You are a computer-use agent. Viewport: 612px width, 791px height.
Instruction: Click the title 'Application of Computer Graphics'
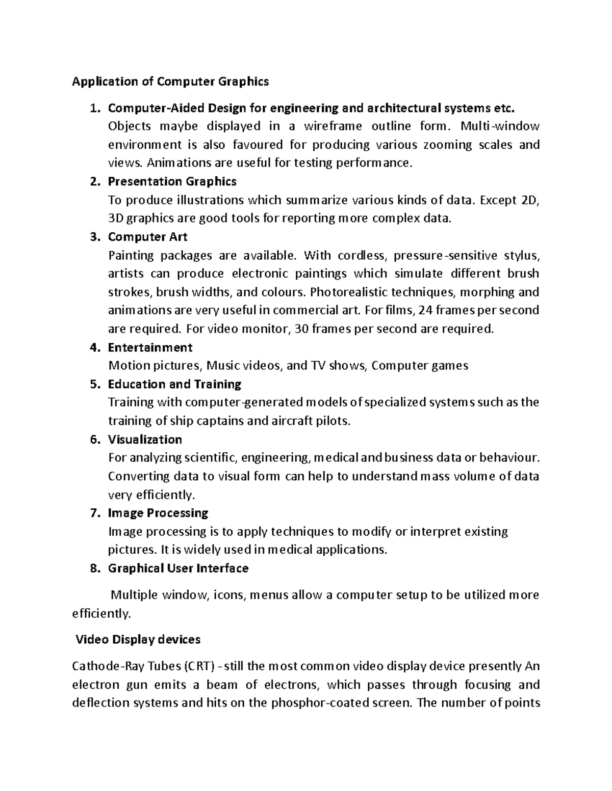[170, 81]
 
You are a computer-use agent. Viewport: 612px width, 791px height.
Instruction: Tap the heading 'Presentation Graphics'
[172, 181]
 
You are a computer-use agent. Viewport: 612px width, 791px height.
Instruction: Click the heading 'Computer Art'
[147, 237]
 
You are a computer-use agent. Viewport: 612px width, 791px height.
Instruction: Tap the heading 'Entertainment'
[150, 347]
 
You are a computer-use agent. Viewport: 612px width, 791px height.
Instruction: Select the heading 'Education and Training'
[174, 384]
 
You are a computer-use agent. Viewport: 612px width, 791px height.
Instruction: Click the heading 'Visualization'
[145, 440]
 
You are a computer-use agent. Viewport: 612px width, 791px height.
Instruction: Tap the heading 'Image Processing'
[158, 513]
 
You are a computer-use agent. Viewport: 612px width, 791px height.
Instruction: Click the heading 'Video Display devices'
[138, 639]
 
